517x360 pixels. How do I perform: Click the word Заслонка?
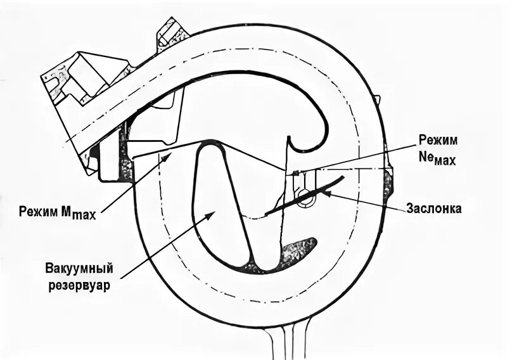[434, 208]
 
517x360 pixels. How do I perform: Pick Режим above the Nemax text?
[438, 139]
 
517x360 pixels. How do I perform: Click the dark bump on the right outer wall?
[387, 184]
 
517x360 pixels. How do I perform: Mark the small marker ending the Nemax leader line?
[296, 172]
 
